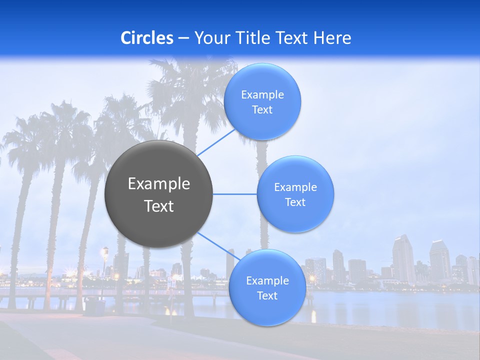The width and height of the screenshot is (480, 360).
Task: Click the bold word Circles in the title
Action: click(146, 38)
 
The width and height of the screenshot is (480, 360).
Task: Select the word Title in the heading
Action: click(254, 38)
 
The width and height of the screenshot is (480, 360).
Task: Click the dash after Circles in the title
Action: click(183, 38)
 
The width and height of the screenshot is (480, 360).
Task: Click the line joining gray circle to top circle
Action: click(216, 141)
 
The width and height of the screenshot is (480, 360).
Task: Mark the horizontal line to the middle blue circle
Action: click(235, 194)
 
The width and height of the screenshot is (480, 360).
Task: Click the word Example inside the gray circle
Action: click(159, 184)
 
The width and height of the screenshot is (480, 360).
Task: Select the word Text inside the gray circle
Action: click(159, 206)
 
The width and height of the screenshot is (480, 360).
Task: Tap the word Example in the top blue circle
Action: click(262, 95)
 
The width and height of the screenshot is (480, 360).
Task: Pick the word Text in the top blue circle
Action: click(262, 110)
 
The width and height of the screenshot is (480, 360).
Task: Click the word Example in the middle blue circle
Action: click(295, 187)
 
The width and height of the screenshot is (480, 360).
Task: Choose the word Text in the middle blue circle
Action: click(295, 202)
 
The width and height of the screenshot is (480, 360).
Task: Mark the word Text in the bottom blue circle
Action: click(267, 296)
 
